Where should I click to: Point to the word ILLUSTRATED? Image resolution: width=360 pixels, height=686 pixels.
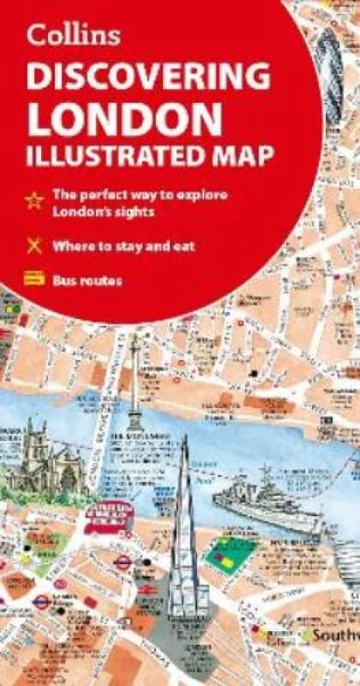tap(111, 156)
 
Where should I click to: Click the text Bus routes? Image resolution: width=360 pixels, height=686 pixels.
tap(88, 280)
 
